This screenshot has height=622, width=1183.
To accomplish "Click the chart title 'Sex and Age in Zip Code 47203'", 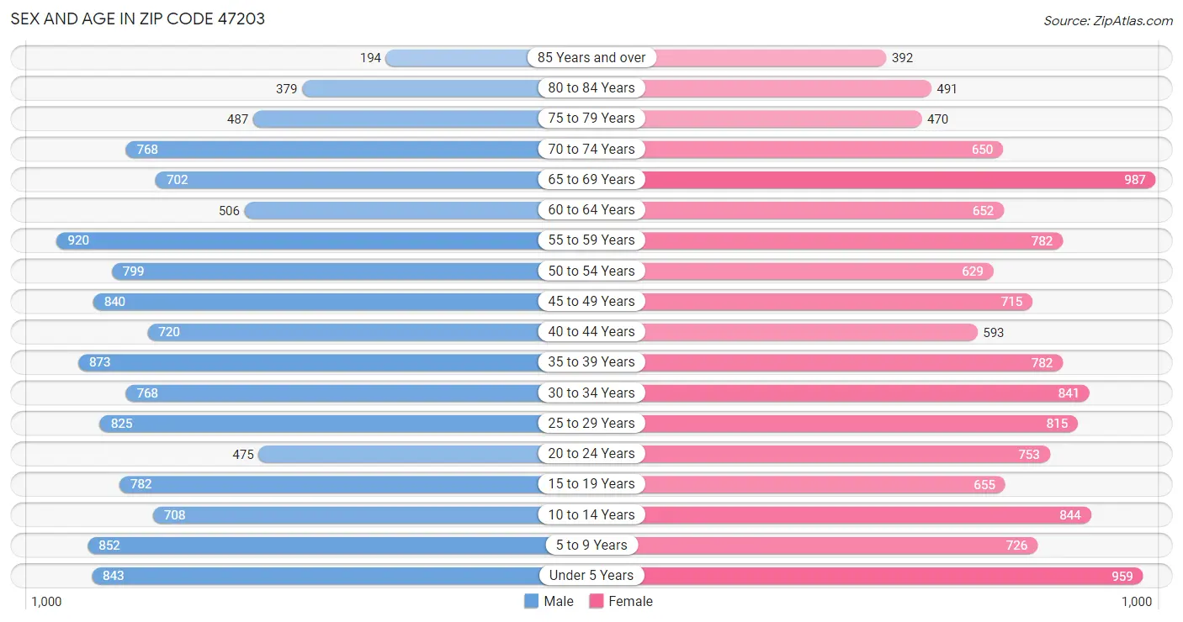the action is coord(137,19).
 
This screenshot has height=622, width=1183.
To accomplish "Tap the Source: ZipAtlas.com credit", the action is coord(1107,20).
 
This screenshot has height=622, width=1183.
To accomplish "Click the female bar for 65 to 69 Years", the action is coord(899,180).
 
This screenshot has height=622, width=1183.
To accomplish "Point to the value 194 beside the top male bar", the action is coord(370,58).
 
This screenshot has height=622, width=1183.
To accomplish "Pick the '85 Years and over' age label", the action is coord(591,57).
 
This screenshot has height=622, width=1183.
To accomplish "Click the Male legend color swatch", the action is coord(531,601).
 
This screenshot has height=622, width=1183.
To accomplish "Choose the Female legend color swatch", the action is coord(597,601).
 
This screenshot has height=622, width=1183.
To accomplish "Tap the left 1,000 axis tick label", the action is coord(46,602).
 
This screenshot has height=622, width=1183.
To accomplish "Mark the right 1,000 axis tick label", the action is coord(1137,602).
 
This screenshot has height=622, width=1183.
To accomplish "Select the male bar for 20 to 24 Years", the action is coord(400,454).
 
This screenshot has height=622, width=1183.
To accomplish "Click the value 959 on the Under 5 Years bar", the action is coord(1122,576).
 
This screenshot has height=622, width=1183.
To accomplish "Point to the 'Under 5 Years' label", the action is coord(591,575).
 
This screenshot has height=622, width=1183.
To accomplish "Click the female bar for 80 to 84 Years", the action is coord(787,88).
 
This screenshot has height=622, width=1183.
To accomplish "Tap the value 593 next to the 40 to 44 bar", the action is coord(994,333).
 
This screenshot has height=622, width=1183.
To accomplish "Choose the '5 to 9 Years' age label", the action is coord(591,545).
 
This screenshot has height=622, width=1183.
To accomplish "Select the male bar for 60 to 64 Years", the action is coord(392,210).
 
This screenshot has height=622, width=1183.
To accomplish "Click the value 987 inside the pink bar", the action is coord(1135,180).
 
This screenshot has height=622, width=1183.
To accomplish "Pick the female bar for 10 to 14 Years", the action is coord(867,515).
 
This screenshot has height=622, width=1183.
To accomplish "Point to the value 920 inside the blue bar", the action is coord(78,240).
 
